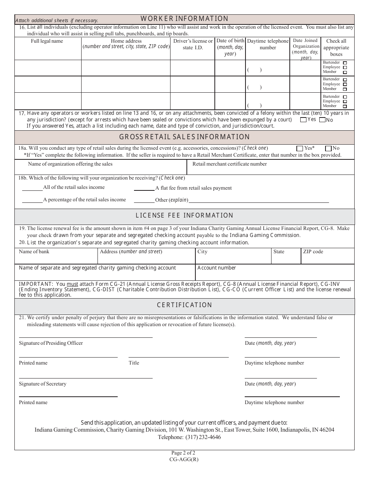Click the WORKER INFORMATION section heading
[184, 19]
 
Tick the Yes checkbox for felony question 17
[303, 120]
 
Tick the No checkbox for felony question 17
[322, 120]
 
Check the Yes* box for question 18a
[299, 148]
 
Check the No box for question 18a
[328, 148]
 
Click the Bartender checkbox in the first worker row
[345, 62]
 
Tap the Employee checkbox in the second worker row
[345, 84]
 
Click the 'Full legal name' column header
[47, 41]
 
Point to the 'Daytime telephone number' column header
[268, 44]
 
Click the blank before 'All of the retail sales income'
[32, 190]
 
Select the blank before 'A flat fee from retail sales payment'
[144, 190]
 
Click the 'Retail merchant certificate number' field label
[230, 164]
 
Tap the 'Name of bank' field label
[34, 252]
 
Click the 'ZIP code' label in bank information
[313, 252]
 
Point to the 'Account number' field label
[216, 268]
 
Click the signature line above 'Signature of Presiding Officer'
[85, 337]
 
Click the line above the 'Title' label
[178, 357]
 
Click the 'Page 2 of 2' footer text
[184, 453]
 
